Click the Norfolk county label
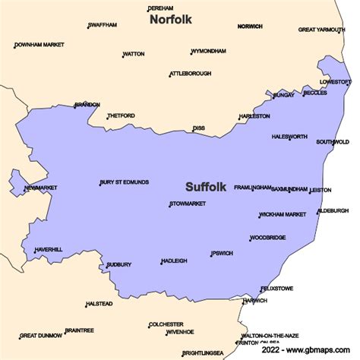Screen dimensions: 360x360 pos(171,18)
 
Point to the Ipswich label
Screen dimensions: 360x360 pos(223,253)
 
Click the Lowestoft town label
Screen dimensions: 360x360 pos(335,81)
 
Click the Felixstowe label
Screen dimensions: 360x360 pos(277,289)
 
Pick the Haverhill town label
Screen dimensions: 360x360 pos(49,250)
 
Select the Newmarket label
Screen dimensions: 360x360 pos(41,187)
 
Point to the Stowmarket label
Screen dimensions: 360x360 pos(188,204)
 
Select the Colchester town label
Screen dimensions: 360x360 pos(166,324)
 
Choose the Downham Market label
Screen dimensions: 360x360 pos(39,46)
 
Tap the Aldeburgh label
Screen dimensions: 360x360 pos(333,210)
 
